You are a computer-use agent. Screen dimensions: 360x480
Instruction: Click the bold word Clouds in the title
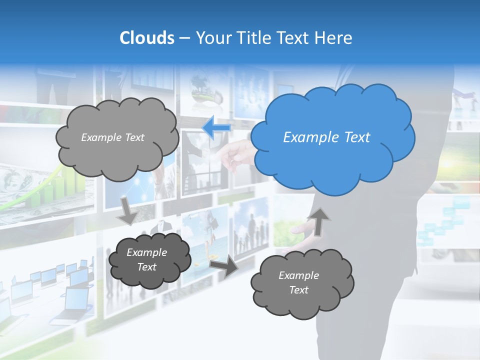(146, 38)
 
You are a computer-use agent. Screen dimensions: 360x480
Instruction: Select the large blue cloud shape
(332, 137)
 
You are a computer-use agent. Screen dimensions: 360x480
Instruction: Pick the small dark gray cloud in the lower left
(149, 259)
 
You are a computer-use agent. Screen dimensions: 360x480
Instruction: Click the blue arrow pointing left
(216, 128)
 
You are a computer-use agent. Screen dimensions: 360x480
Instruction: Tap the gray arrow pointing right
(224, 267)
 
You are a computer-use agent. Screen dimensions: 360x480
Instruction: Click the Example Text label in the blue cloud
(326, 137)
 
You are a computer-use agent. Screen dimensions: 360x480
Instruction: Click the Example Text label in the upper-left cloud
(112, 137)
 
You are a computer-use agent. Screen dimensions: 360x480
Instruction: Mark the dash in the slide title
(184, 38)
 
